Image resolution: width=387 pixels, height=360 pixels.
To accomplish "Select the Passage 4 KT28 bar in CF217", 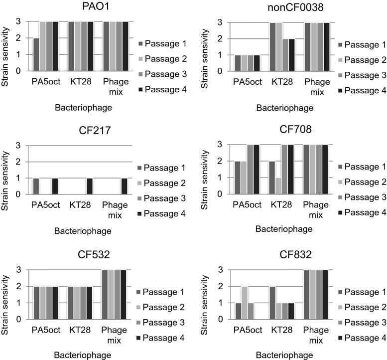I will [x=89, y=185].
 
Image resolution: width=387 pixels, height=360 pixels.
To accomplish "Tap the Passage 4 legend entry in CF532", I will [x=161, y=339].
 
